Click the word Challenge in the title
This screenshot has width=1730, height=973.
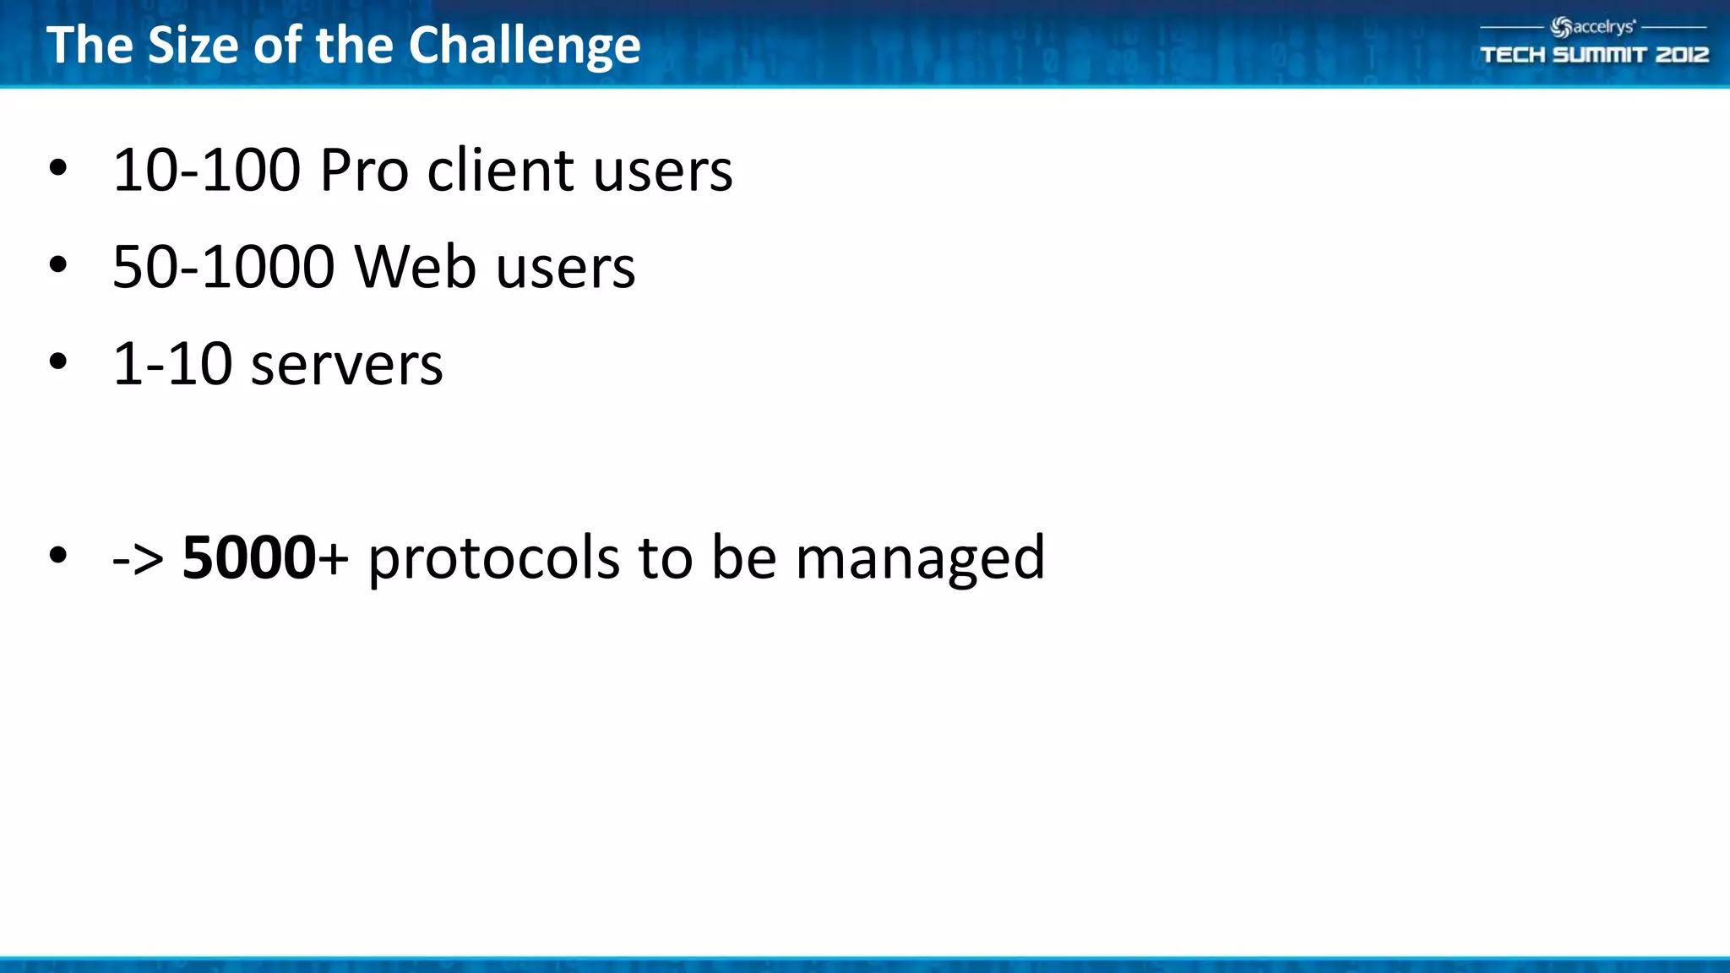pyautogui.click(x=524, y=46)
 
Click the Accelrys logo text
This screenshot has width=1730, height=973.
pyautogui.click(x=1602, y=27)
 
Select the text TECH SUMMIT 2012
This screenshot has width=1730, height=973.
pyautogui.click(x=1594, y=55)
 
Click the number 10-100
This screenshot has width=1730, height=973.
pyautogui.click(x=206, y=171)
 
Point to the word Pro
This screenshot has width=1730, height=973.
pyautogui.click(x=364, y=171)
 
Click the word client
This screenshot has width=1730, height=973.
pyautogui.click(x=501, y=171)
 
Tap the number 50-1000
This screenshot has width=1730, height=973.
pyautogui.click(x=223, y=268)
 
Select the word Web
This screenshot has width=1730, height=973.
pyautogui.click(x=415, y=268)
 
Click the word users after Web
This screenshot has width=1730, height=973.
pyautogui.click(x=565, y=268)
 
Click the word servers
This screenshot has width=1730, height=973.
pyautogui.click(x=346, y=365)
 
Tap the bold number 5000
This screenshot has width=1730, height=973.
pyautogui.click(x=249, y=558)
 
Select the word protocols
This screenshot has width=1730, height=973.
pyautogui.click(x=493, y=558)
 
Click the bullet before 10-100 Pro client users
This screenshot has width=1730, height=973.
pyautogui.click(x=57, y=168)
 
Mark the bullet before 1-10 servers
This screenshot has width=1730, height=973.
pyautogui.click(x=57, y=362)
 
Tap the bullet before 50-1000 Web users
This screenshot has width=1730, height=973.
pyautogui.click(x=57, y=265)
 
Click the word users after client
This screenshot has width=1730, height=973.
pyautogui.click(x=662, y=171)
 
